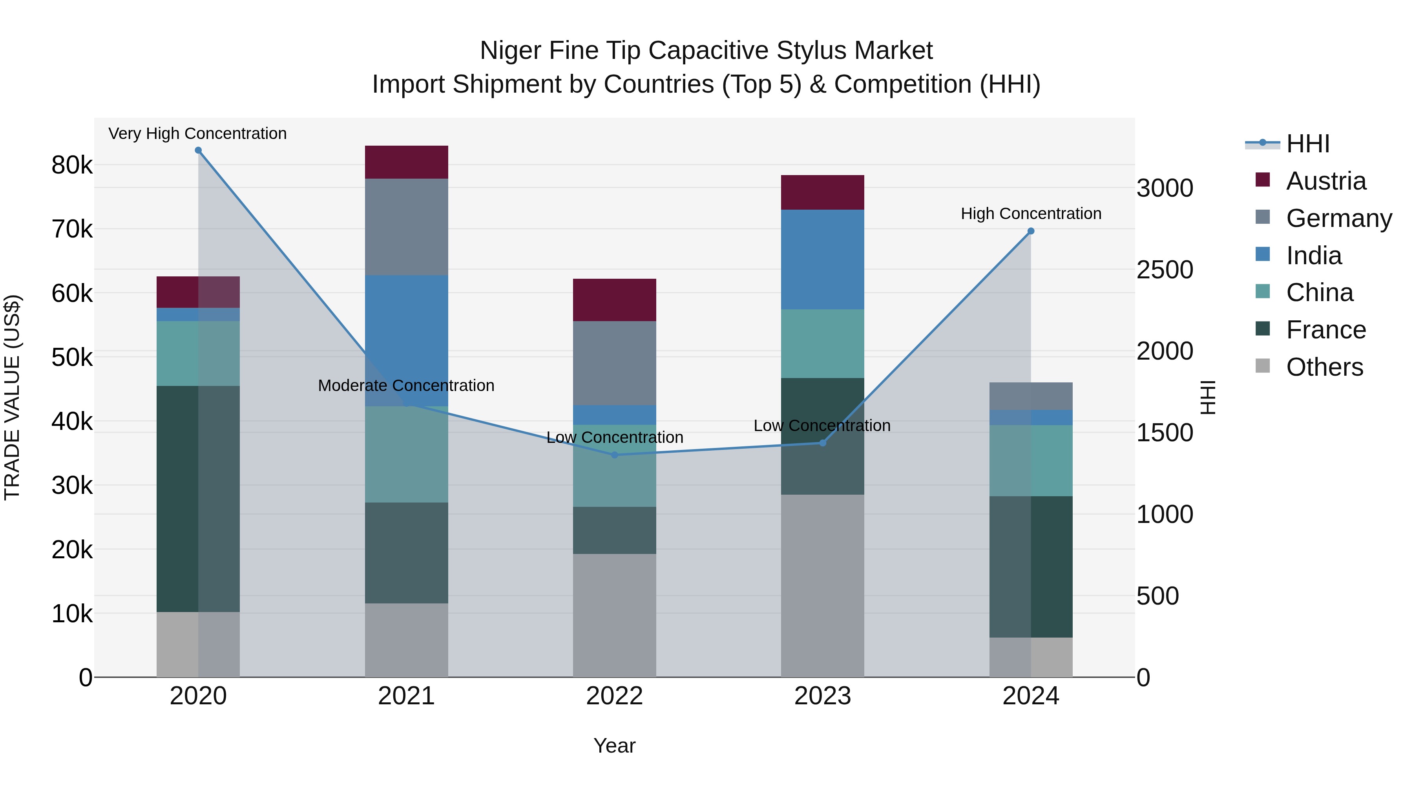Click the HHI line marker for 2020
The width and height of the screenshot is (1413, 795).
pyautogui.click(x=198, y=150)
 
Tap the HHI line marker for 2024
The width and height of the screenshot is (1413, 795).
pyautogui.click(x=1031, y=231)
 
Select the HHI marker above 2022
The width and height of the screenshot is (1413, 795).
pyautogui.click(x=614, y=455)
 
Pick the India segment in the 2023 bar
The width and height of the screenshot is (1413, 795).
pyautogui.click(x=822, y=259)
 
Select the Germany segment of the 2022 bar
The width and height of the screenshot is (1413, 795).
pyautogui.click(x=614, y=363)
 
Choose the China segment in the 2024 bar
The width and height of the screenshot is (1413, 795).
pyautogui.click(x=1031, y=461)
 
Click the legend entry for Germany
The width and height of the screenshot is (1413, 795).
pyautogui.click(x=1338, y=218)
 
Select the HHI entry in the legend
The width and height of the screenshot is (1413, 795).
pyautogui.click(x=1307, y=144)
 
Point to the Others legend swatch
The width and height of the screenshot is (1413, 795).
pyautogui.click(x=1262, y=366)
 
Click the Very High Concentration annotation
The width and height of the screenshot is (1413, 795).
pyautogui.click(x=197, y=133)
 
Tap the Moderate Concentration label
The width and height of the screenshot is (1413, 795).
pyautogui.click(x=406, y=386)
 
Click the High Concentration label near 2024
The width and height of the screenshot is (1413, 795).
pyautogui.click(x=1031, y=214)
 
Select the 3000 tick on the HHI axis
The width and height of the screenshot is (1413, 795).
pyautogui.click(x=1165, y=188)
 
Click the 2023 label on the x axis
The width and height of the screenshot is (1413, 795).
pyautogui.click(x=822, y=696)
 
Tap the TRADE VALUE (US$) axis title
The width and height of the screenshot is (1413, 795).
pyautogui.click(x=12, y=397)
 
